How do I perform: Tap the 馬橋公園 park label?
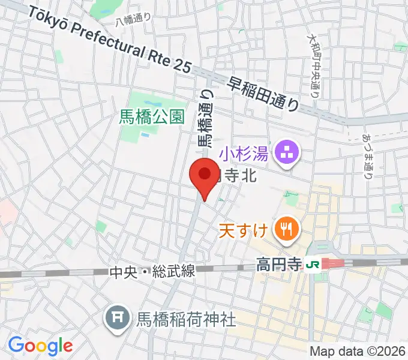pos(152,116)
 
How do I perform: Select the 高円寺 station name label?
pos(277,264)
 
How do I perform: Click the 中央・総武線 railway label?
pos(152,271)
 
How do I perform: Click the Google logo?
pos(40,345)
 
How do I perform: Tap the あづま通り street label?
pos(367,157)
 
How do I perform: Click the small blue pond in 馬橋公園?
pos(145,135)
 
